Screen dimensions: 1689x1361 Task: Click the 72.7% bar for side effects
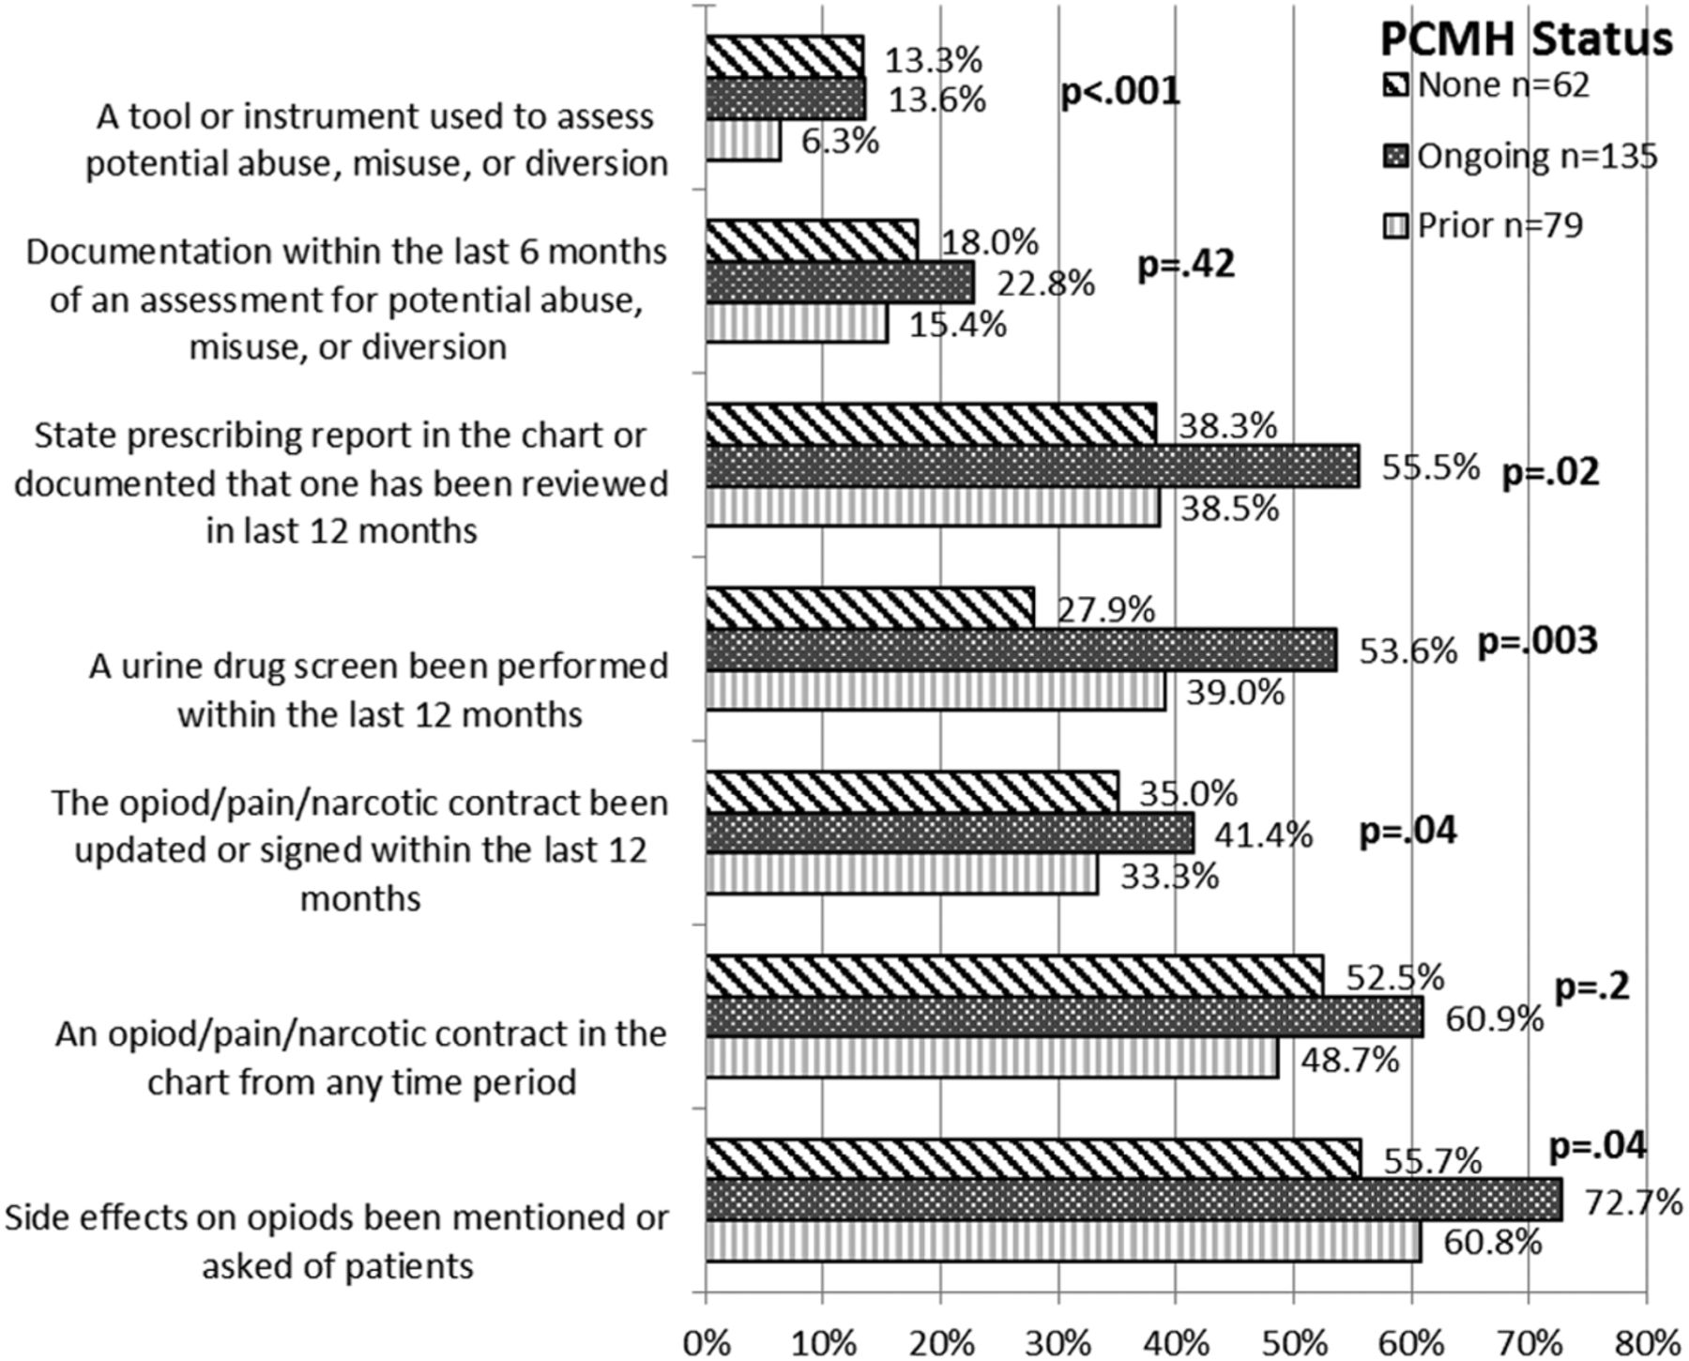[x=1134, y=1200]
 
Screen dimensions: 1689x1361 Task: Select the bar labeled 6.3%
[x=743, y=141]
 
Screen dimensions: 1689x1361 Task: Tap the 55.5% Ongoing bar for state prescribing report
[x=1032, y=466]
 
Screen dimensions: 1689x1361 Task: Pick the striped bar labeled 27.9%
[x=870, y=608]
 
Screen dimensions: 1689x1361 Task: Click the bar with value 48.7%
[x=992, y=1058]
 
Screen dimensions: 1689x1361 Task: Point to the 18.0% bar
[x=812, y=240]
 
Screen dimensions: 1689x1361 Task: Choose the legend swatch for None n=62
[x=1395, y=86]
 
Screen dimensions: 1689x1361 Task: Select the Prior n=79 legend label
[x=1499, y=225]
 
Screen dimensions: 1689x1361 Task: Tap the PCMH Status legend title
[x=1526, y=39]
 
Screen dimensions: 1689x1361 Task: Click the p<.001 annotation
[x=1119, y=92]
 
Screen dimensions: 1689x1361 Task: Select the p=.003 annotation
[x=1537, y=641]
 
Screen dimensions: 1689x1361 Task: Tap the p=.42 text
[x=1186, y=266]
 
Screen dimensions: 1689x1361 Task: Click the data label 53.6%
[x=1408, y=650]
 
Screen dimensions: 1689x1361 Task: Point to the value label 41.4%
[x=1263, y=834]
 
